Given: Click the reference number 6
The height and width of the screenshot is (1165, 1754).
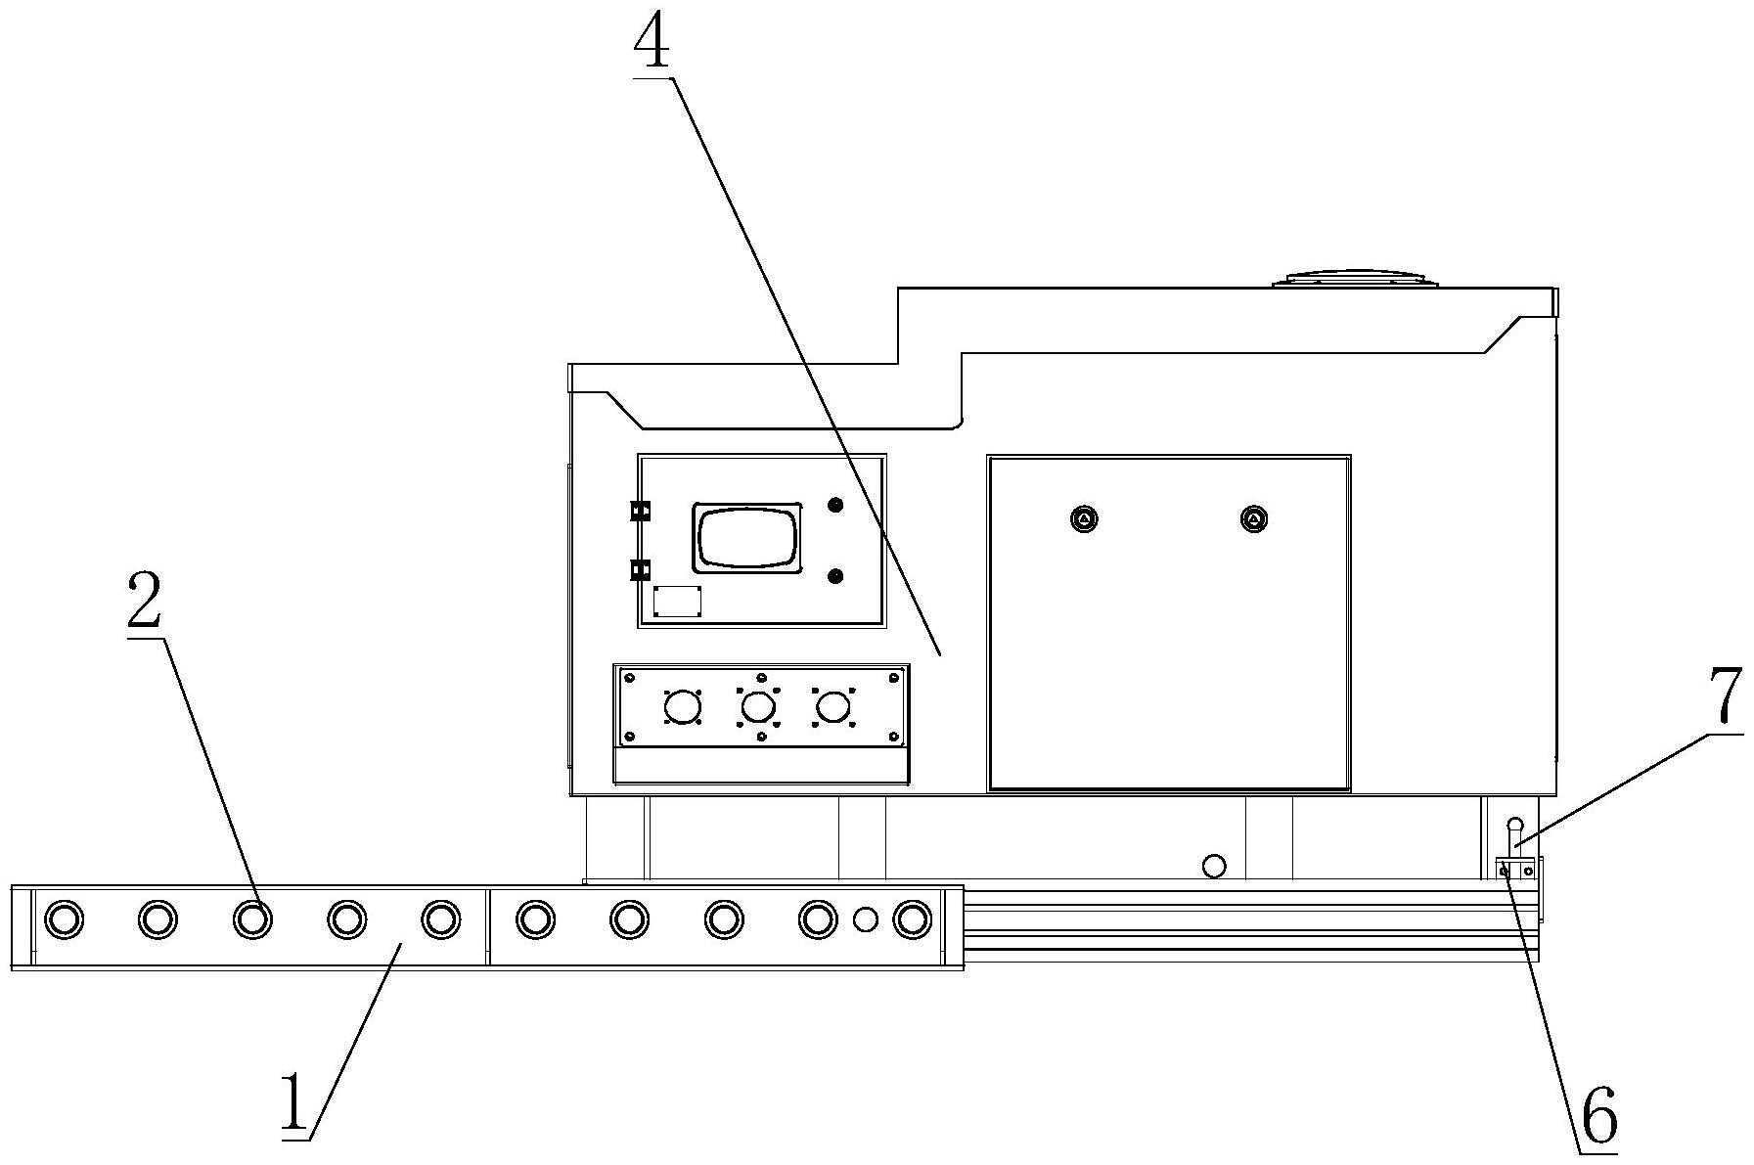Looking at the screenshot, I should (1598, 1117).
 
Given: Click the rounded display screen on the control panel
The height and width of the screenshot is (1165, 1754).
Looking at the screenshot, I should (748, 537).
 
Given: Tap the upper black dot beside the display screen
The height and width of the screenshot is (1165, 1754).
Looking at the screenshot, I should (835, 505).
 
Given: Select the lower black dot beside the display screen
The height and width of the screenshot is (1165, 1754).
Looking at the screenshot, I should (835, 576).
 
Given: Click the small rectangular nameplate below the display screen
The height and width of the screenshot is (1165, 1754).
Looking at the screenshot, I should (677, 602).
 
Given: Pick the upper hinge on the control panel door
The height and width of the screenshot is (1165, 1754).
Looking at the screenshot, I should (641, 511).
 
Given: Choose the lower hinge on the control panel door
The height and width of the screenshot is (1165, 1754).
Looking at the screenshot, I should (641, 568).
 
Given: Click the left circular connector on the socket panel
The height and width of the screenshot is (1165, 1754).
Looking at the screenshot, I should (682, 706).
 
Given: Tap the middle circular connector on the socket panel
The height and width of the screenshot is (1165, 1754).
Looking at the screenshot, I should (758, 706).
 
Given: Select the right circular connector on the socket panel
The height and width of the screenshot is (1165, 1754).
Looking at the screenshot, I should (832, 706).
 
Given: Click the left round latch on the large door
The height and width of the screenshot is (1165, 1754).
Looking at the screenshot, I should (1085, 518).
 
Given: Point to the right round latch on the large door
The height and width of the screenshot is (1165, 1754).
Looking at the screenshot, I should (1253, 518).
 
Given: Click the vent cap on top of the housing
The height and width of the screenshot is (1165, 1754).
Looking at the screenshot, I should (1356, 279).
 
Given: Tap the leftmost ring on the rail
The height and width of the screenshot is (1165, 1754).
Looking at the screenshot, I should (64, 919).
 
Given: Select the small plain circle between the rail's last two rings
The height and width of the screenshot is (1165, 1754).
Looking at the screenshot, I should (865, 919).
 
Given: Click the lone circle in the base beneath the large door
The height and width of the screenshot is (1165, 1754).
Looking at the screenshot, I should (1214, 866).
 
